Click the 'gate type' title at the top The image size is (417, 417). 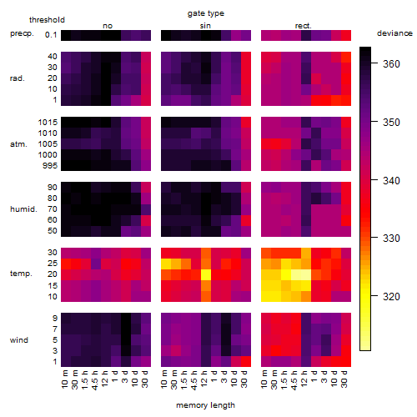pyautogui.click(x=206, y=13)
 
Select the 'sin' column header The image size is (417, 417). pyautogui.click(x=205, y=26)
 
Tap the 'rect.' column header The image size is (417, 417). pyautogui.click(x=304, y=26)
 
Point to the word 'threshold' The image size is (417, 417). pyautogui.click(x=47, y=20)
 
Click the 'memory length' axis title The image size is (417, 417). pyautogui.click(x=205, y=405)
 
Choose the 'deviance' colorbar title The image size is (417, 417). pyautogui.click(x=394, y=33)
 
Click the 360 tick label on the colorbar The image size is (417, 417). pyautogui.click(x=391, y=64)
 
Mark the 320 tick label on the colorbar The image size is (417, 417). pyautogui.click(x=391, y=297)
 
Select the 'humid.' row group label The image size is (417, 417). pyautogui.click(x=23, y=209)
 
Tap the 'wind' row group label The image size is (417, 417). pyautogui.click(x=19, y=340)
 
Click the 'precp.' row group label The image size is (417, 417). pyautogui.click(x=22, y=33)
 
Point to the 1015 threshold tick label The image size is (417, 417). pyautogui.click(x=48, y=123)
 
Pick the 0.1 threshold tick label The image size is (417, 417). pyautogui.click(x=51, y=35)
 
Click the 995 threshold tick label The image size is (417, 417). pyautogui.click(x=50, y=166)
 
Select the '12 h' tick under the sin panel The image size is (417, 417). pyautogui.click(x=203, y=379)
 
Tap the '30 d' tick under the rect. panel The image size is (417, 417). pyautogui.click(x=344, y=379)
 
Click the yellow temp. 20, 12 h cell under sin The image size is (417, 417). pyautogui.click(x=206, y=274)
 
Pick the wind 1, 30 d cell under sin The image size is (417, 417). pyautogui.click(x=246, y=361)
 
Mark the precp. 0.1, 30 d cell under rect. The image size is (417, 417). pyautogui.click(x=346, y=35)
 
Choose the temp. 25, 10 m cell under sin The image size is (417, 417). pyautogui.click(x=166, y=264)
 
